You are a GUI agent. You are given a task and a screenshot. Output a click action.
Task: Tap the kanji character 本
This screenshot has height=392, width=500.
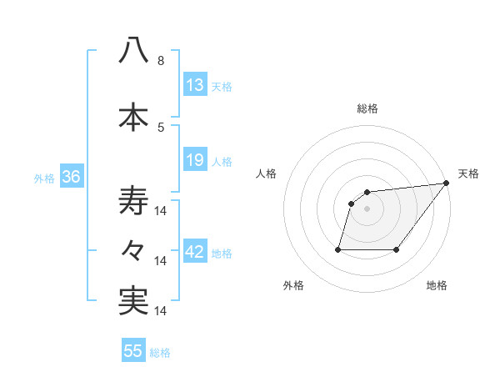(x=133, y=117)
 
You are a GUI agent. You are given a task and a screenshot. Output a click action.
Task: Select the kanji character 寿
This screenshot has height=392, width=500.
(x=133, y=201)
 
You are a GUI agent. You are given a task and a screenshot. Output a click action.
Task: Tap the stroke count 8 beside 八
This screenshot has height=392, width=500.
(x=160, y=61)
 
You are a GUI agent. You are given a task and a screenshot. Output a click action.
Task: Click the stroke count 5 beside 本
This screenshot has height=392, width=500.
(x=160, y=127)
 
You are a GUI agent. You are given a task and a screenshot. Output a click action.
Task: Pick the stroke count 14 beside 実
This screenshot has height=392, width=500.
(x=162, y=310)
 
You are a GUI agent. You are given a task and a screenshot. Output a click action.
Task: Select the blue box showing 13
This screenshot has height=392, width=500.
(x=195, y=85)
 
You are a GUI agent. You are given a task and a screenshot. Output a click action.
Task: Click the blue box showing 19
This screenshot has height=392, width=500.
(x=195, y=159)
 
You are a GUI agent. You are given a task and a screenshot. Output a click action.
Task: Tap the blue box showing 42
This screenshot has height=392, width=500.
(x=195, y=252)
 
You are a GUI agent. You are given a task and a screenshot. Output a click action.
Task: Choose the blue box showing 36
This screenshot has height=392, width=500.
(x=71, y=177)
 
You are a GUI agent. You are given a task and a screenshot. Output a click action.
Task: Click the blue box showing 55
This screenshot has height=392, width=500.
(x=133, y=351)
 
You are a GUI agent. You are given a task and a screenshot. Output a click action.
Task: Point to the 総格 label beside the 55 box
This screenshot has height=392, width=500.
(x=160, y=353)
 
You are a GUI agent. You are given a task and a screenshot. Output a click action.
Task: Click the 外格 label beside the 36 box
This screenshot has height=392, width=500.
(x=44, y=178)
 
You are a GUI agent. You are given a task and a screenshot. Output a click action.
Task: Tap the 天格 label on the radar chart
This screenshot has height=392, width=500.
(x=468, y=173)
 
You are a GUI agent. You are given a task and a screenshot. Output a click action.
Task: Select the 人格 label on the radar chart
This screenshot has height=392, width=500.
(x=266, y=173)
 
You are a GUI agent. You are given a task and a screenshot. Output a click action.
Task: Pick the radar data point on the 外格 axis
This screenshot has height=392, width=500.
(x=338, y=249)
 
